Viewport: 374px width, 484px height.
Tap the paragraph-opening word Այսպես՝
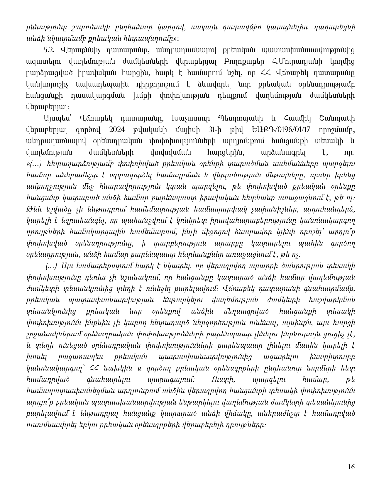[57, 119]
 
